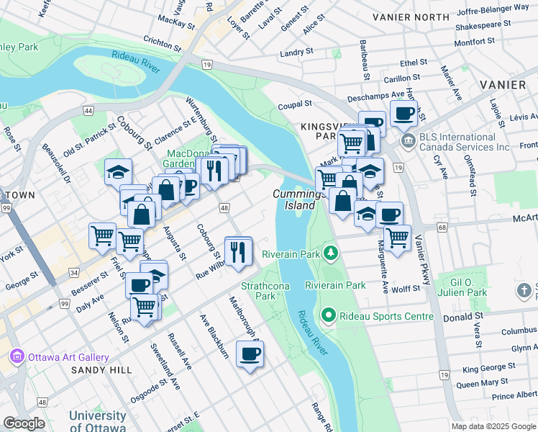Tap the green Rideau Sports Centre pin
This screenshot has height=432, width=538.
(x=329, y=316)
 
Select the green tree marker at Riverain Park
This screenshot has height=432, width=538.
(x=330, y=253)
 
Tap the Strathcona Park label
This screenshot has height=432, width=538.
(x=258, y=291)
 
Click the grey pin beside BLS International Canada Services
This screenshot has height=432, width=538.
(x=409, y=139)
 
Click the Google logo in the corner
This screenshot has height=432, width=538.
(x=24, y=423)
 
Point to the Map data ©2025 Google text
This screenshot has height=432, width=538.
(x=494, y=426)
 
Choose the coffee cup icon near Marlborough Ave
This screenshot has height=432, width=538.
(x=250, y=354)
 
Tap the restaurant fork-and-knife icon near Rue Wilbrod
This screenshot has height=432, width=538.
(x=238, y=251)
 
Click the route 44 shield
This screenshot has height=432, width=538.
(x=88, y=111)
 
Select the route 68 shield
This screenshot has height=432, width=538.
(x=441, y=228)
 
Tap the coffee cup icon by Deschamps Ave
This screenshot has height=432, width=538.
(x=403, y=113)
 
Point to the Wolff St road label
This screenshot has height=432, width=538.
(x=406, y=288)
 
